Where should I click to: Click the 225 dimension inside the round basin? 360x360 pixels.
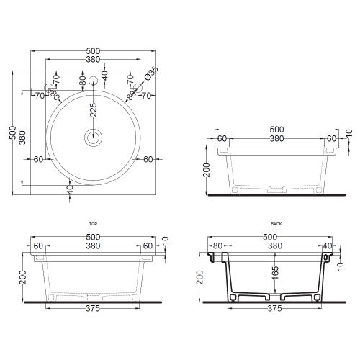pyautogui.click(x=93, y=109)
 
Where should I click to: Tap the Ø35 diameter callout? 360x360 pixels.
pyautogui.click(x=150, y=73)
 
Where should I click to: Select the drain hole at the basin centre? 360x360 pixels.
pyautogui.click(x=92, y=136)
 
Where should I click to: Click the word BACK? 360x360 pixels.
pyautogui.click(x=276, y=225)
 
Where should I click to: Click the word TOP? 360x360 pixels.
pyautogui.click(x=91, y=225)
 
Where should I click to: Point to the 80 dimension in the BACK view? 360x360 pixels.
pyautogui.click(x=218, y=246)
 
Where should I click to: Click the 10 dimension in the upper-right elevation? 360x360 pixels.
pyautogui.click(x=348, y=135)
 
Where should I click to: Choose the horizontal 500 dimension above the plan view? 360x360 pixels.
pyautogui.click(x=92, y=51)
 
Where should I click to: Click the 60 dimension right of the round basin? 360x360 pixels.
pyautogui.click(x=147, y=159)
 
